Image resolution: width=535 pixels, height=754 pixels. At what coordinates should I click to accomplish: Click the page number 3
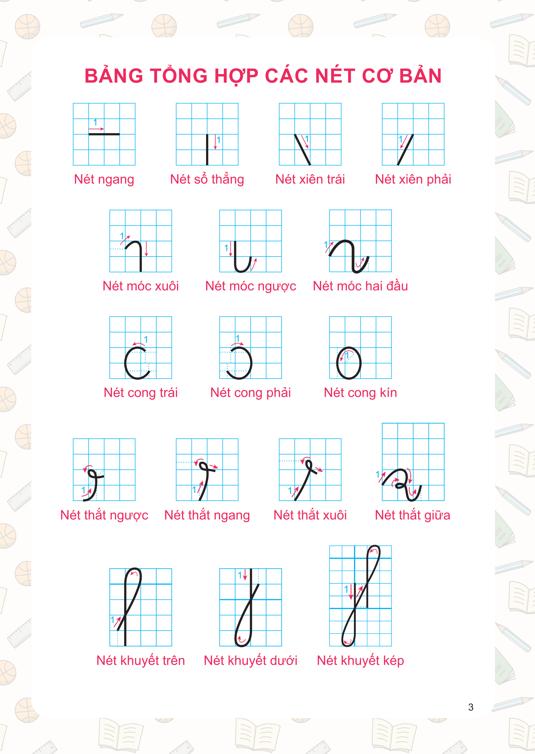[471, 707]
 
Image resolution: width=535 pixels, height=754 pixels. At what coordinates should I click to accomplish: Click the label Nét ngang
[104, 180]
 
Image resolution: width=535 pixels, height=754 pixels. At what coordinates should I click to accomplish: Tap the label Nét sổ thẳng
[207, 179]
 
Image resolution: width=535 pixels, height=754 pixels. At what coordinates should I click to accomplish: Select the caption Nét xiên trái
[310, 179]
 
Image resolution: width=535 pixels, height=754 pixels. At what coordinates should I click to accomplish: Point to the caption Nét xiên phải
[413, 179]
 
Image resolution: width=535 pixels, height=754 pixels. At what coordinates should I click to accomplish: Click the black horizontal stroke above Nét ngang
[104, 134]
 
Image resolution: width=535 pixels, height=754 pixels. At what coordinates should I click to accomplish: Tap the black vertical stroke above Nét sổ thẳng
[207, 150]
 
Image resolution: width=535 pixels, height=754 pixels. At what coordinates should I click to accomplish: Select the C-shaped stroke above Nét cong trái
[126, 363]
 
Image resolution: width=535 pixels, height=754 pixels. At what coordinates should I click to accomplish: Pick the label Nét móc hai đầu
[360, 286]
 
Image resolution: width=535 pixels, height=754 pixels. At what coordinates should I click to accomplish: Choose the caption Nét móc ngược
[251, 286]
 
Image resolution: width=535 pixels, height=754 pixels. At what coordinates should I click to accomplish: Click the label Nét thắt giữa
[412, 515]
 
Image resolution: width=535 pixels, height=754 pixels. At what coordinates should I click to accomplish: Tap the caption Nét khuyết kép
[360, 660]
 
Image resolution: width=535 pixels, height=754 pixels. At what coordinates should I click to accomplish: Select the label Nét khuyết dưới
[251, 660]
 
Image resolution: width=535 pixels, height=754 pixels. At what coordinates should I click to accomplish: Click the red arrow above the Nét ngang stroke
[96, 129]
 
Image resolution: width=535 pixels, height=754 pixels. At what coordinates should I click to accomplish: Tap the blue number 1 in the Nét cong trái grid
[146, 339]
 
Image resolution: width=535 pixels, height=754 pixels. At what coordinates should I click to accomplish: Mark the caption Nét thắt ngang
[207, 515]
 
